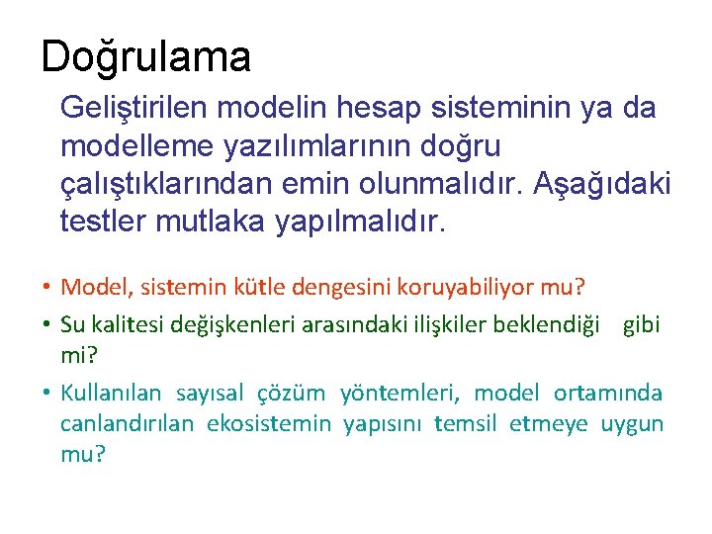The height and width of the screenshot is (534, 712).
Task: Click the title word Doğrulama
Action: point(146,57)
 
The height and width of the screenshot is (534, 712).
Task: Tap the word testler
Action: point(104,221)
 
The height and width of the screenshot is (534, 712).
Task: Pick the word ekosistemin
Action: point(269,424)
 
